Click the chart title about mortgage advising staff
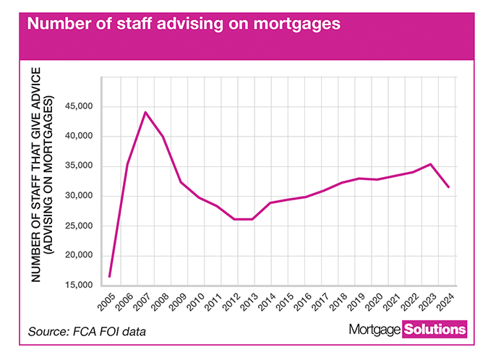(184, 23)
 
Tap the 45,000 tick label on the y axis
(81, 107)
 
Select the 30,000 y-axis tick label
(81, 196)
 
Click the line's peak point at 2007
(145, 112)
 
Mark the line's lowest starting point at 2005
(110, 276)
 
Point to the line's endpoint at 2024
(449, 187)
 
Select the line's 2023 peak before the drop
(431, 164)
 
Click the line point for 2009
(181, 182)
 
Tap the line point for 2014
(270, 203)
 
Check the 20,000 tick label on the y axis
(81, 255)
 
